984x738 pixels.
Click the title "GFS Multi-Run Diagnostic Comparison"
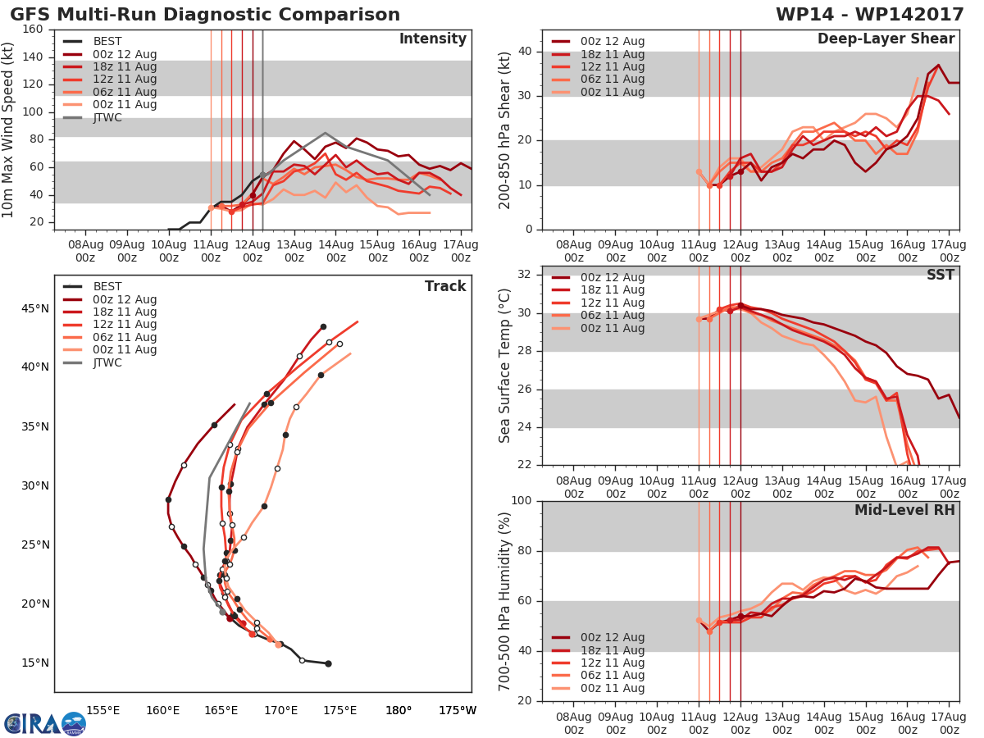point(205,15)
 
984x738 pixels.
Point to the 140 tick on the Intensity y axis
point(34,57)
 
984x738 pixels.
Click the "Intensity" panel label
point(432,39)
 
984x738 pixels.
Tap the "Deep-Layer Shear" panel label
point(886,39)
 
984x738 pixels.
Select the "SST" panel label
point(941,275)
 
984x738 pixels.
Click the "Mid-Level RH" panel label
point(904,510)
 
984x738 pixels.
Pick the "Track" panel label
point(445,286)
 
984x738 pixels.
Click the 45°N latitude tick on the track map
point(34,308)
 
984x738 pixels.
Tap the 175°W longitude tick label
point(458,710)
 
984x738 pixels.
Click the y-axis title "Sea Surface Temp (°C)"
point(505,365)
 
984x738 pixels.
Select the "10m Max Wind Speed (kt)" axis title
point(8,130)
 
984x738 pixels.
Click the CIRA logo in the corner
point(44,723)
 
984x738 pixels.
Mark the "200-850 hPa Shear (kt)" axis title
point(505,130)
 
